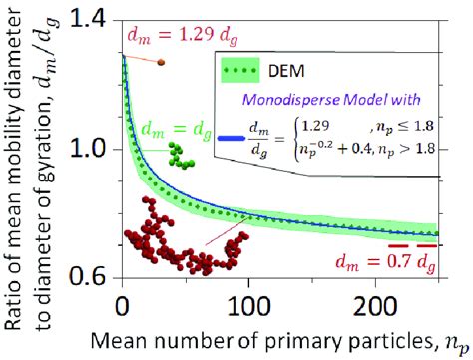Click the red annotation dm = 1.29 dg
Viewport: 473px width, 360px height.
174,36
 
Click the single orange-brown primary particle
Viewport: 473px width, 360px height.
161,63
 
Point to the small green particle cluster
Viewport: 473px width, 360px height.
180,155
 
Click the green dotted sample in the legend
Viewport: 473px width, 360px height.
244,71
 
